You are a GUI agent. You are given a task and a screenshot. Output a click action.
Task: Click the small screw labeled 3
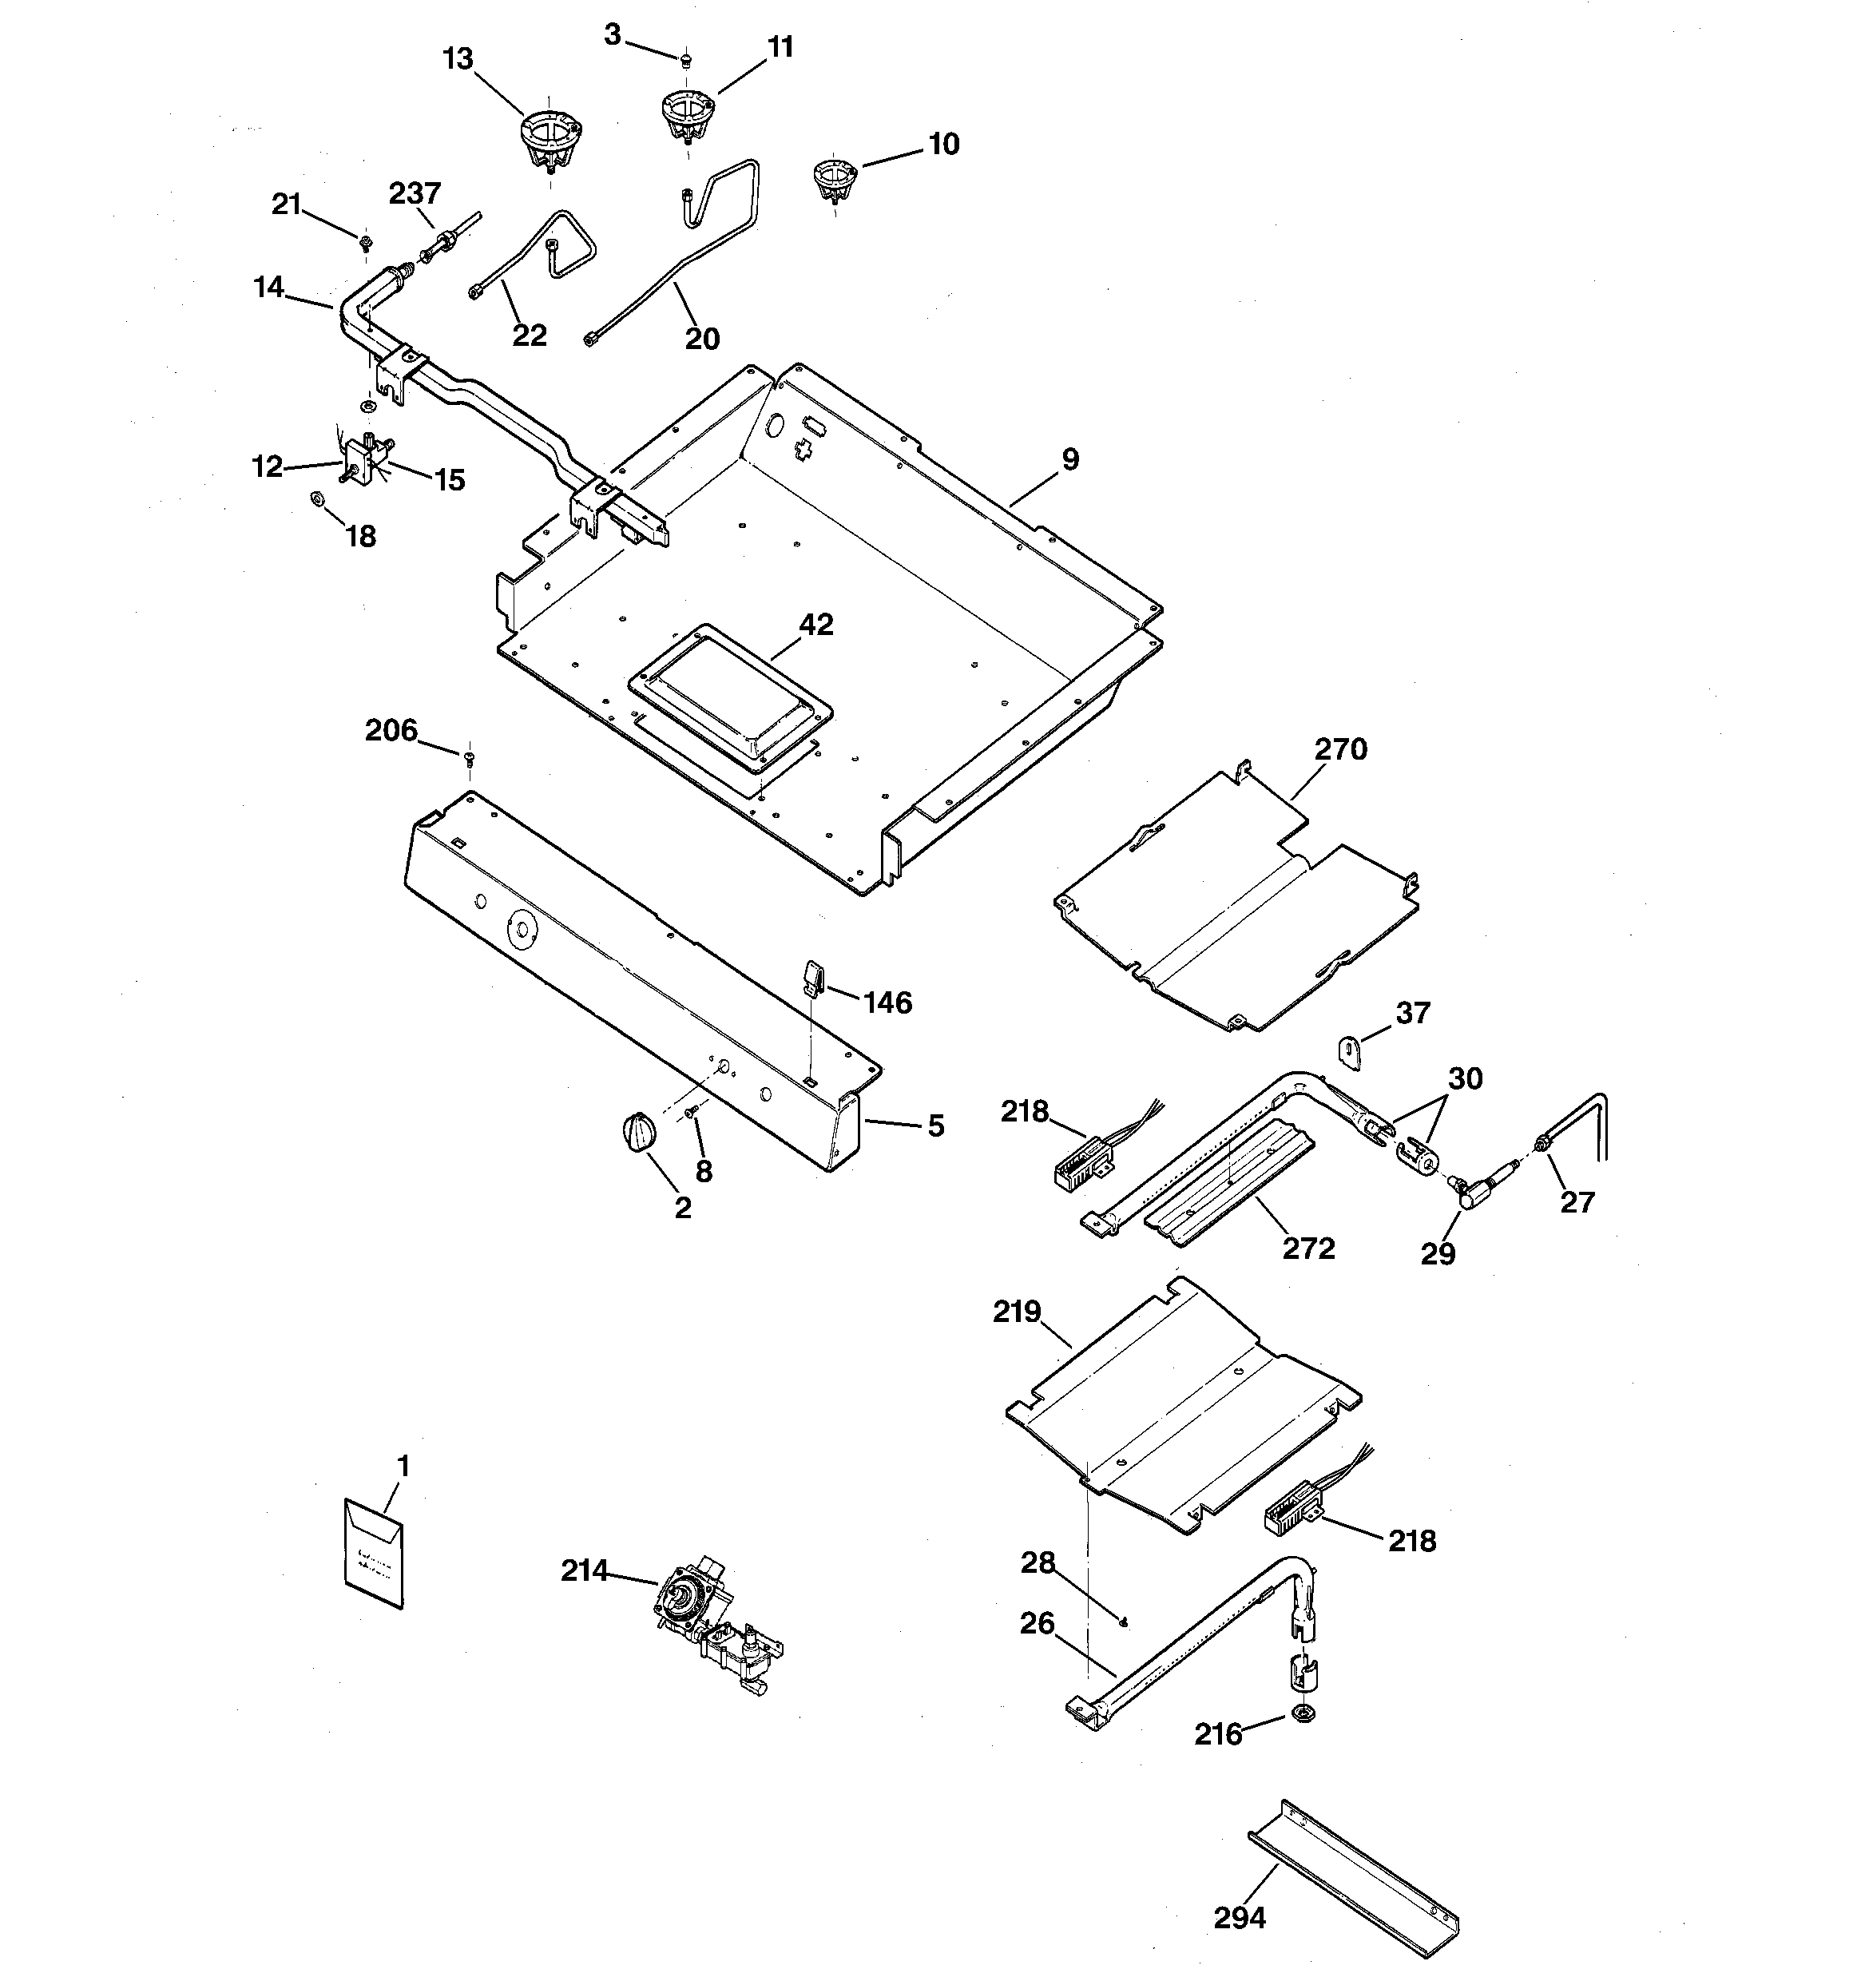click(685, 62)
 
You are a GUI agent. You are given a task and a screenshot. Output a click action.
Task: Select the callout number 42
click(815, 625)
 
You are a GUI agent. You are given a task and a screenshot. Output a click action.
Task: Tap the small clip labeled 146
click(812, 977)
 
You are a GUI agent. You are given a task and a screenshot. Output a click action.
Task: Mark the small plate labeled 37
click(1350, 1051)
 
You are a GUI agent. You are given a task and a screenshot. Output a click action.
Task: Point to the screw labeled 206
click(469, 759)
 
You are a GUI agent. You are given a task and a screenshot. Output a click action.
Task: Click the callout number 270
click(1341, 748)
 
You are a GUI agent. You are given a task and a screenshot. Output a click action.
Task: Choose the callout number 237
click(415, 193)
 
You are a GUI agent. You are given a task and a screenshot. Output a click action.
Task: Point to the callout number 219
click(1017, 1312)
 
